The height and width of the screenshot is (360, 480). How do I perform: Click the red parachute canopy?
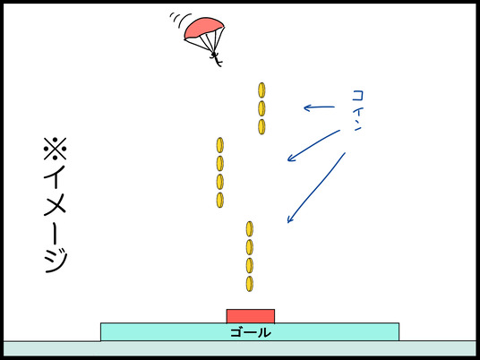point(203,28)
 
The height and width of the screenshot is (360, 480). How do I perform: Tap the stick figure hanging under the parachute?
point(216,59)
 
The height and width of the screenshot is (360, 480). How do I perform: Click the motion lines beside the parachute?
point(180,20)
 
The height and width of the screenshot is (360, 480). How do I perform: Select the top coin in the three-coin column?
point(261,90)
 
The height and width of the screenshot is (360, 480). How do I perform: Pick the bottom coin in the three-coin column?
point(261,127)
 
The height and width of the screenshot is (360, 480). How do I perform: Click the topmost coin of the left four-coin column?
point(219,145)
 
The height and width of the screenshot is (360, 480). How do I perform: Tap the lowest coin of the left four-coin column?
point(219,200)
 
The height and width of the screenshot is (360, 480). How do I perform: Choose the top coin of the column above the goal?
point(250,229)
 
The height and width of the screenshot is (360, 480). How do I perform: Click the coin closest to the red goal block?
point(250,284)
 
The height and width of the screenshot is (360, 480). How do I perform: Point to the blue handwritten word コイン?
point(357,110)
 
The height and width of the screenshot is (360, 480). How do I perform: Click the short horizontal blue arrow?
point(319,107)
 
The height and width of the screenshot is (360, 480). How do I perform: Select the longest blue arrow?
point(316,188)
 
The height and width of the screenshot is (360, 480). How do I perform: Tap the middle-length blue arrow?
point(313,145)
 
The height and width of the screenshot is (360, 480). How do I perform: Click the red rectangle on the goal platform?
point(251,316)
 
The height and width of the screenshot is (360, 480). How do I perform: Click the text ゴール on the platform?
point(251,332)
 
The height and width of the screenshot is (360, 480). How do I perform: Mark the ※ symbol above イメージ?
point(56,149)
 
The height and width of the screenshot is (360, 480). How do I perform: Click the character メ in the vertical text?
point(56,204)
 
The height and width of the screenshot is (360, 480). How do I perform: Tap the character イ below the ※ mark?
point(56,176)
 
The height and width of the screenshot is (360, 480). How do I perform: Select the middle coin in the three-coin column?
point(261,108)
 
